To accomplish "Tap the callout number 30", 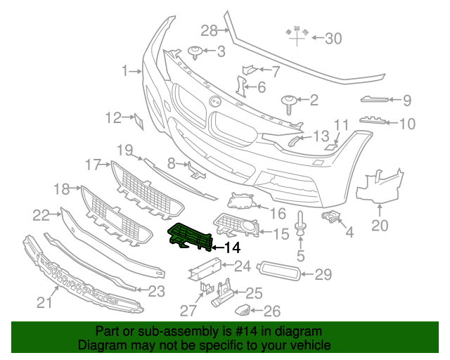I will coord(333,38).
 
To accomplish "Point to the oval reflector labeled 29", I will coord(280,271).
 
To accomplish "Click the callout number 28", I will coord(210,30).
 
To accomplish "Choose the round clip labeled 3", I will coord(196,51).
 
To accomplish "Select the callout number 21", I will coord(45,302).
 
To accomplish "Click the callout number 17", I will coord(94,165).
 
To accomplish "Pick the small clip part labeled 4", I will coord(330,214).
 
